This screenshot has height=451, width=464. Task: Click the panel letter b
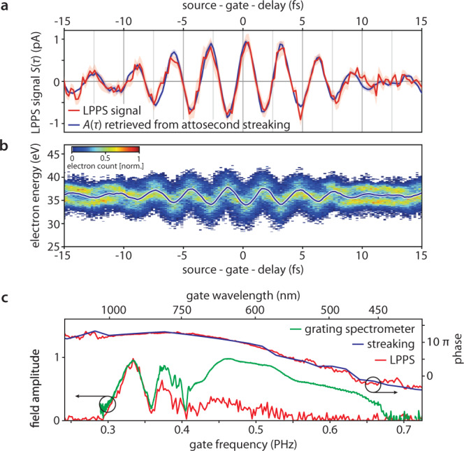[6, 148]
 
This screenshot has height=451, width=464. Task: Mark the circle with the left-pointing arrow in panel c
[107, 405]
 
